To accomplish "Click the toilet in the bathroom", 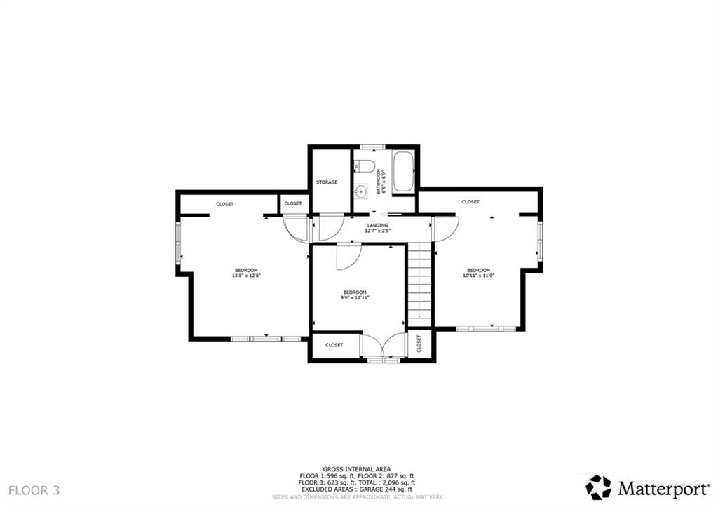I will pyautogui.click(x=364, y=166).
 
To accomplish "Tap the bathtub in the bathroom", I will pyautogui.click(x=403, y=172).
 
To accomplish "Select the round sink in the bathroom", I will pyautogui.click(x=361, y=190).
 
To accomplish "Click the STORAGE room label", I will pyautogui.click(x=327, y=182).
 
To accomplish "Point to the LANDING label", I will pyautogui.click(x=377, y=225).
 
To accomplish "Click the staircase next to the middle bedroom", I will pyautogui.click(x=419, y=284).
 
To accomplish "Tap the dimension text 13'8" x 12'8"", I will pyautogui.click(x=246, y=276).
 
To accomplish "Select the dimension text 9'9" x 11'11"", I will pyautogui.click(x=355, y=297).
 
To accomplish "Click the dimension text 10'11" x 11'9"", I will pyautogui.click(x=478, y=276).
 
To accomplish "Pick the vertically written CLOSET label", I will pyautogui.click(x=419, y=344).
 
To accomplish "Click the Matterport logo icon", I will pyautogui.click(x=598, y=487).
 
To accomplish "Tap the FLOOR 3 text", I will pyautogui.click(x=34, y=489).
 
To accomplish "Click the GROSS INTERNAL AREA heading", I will pyautogui.click(x=357, y=469).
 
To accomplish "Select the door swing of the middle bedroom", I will pyautogui.click(x=346, y=257).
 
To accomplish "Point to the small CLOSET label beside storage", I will pyautogui.click(x=293, y=203).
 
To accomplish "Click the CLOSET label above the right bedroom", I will pyautogui.click(x=470, y=202).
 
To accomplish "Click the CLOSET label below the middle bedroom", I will pyautogui.click(x=334, y=345).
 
